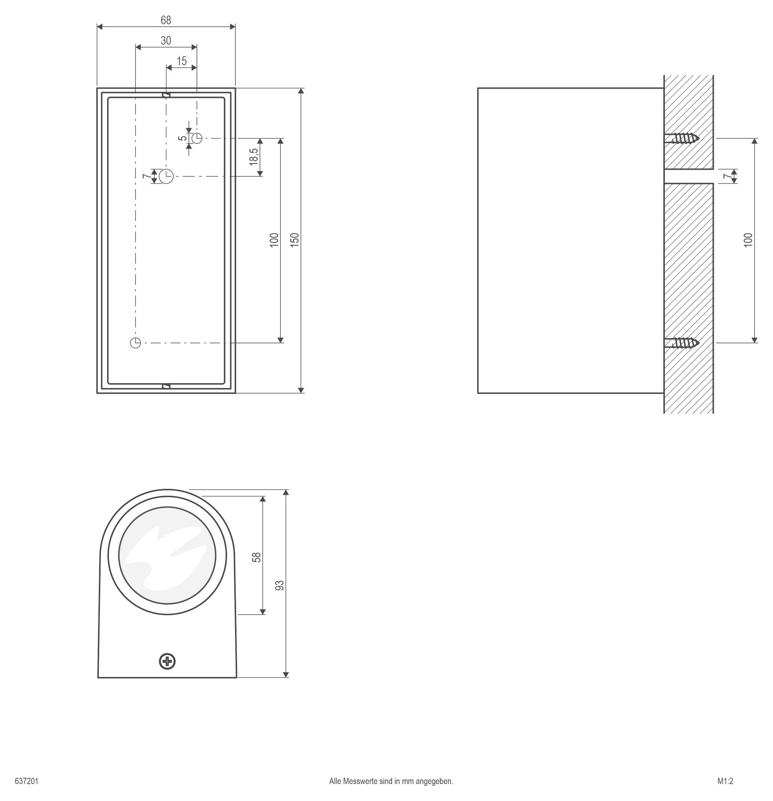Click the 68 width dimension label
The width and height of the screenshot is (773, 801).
[x=166, y=20]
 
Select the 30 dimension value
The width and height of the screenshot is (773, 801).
[x=166, y=41]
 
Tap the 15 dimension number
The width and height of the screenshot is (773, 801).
[x=182, y=61]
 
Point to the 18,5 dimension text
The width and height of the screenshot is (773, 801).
[x=254, y=157]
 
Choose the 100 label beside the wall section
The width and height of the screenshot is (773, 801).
[x=748, y=239]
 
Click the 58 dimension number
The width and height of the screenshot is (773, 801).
[x=257, y=557]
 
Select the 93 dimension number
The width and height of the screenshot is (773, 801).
[x=280, y=585]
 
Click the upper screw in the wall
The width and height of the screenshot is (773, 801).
[x=682, y=139]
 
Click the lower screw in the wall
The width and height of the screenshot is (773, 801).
[x=682, y=342]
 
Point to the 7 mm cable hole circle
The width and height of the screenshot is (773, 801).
[x=166, y=176]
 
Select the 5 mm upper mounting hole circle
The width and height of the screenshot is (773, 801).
[x=197, y=138]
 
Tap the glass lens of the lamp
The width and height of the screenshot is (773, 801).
[x=167, y=555]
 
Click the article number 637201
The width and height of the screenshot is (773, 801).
[x=27, y=781]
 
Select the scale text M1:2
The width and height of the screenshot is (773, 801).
[x=725, y=781]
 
